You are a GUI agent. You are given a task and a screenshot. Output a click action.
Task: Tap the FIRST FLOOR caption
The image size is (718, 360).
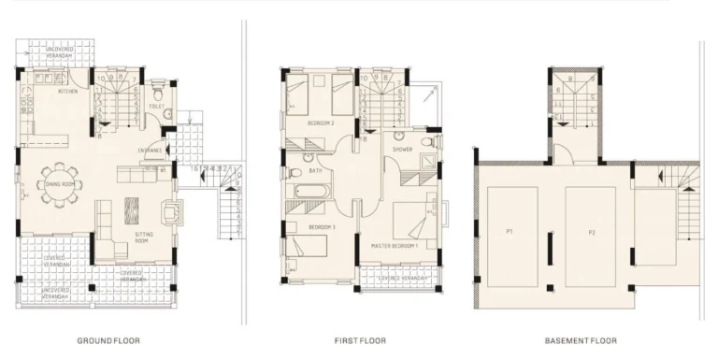click(359, 340)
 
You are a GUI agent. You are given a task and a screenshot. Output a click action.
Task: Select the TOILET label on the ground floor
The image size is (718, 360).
click(156, 107)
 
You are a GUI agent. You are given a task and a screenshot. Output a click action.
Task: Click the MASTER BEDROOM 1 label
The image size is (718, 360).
click(395, 244)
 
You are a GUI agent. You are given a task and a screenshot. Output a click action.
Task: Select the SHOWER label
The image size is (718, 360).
click(403, 150)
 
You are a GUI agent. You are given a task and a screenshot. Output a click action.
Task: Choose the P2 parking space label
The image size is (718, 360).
click(591, 230)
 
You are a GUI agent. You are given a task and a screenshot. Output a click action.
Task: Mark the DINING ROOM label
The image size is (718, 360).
click(60, 184)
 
